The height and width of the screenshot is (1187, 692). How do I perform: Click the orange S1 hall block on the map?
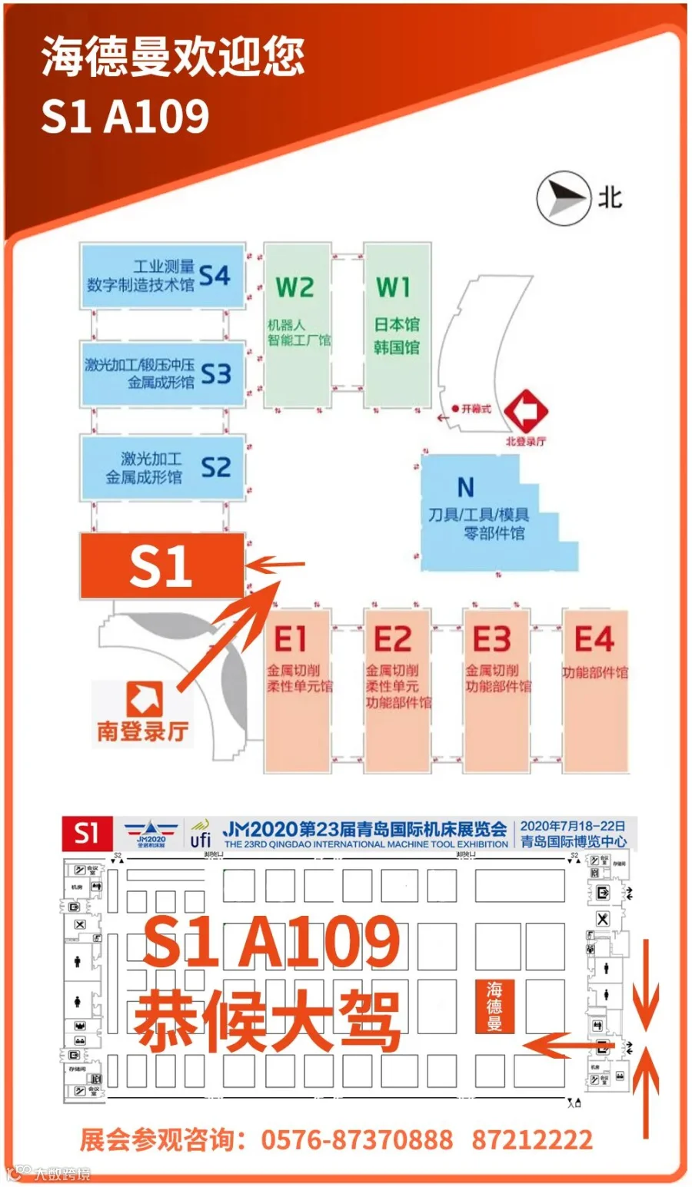[162, 566]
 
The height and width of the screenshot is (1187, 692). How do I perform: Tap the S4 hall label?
[215, 276]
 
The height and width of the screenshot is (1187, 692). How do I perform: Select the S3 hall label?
[215, 374]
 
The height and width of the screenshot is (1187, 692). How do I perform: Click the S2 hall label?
[215, 467]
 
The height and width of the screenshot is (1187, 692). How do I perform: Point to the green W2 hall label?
[295, 288]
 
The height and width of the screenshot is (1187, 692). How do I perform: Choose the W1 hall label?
[393, 288]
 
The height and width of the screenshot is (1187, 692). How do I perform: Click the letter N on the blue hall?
[465, 487]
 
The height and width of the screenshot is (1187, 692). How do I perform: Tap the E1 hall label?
[291, 638]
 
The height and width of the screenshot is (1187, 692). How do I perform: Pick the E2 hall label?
[392, 638]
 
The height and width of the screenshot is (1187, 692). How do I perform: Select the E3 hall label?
[491, 638]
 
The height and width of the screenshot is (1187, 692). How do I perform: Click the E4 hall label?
[594, 638]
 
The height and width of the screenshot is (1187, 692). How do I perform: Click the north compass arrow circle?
[562, 198]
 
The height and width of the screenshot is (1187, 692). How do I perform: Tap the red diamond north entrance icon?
[526, 412]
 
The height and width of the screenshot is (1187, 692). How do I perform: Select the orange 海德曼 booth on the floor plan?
[494, 1006]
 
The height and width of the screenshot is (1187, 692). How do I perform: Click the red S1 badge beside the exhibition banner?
[87, 834]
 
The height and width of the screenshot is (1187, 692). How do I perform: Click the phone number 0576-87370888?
[357, 1139]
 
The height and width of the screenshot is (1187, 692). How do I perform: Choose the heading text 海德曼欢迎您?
[173, 58]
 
